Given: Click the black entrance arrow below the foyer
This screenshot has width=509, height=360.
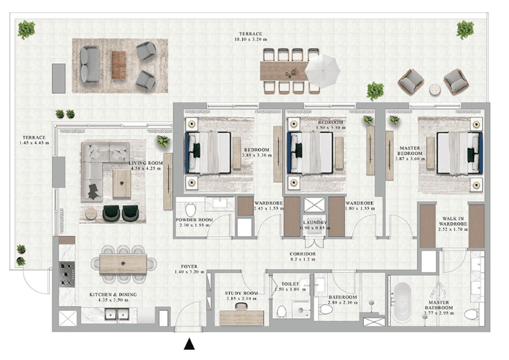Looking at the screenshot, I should coord(190,345).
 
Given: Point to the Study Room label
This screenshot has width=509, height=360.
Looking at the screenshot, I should coord(241,296).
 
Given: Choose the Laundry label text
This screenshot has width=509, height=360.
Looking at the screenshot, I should coord(315,223).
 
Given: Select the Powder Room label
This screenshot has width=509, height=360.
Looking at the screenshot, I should coord(194,223).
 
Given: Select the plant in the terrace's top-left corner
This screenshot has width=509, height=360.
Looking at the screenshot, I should coord(27,29).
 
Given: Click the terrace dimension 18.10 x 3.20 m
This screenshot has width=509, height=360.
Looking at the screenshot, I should coord(250,39).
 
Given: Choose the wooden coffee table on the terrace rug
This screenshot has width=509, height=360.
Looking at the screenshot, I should coord(119,65).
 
